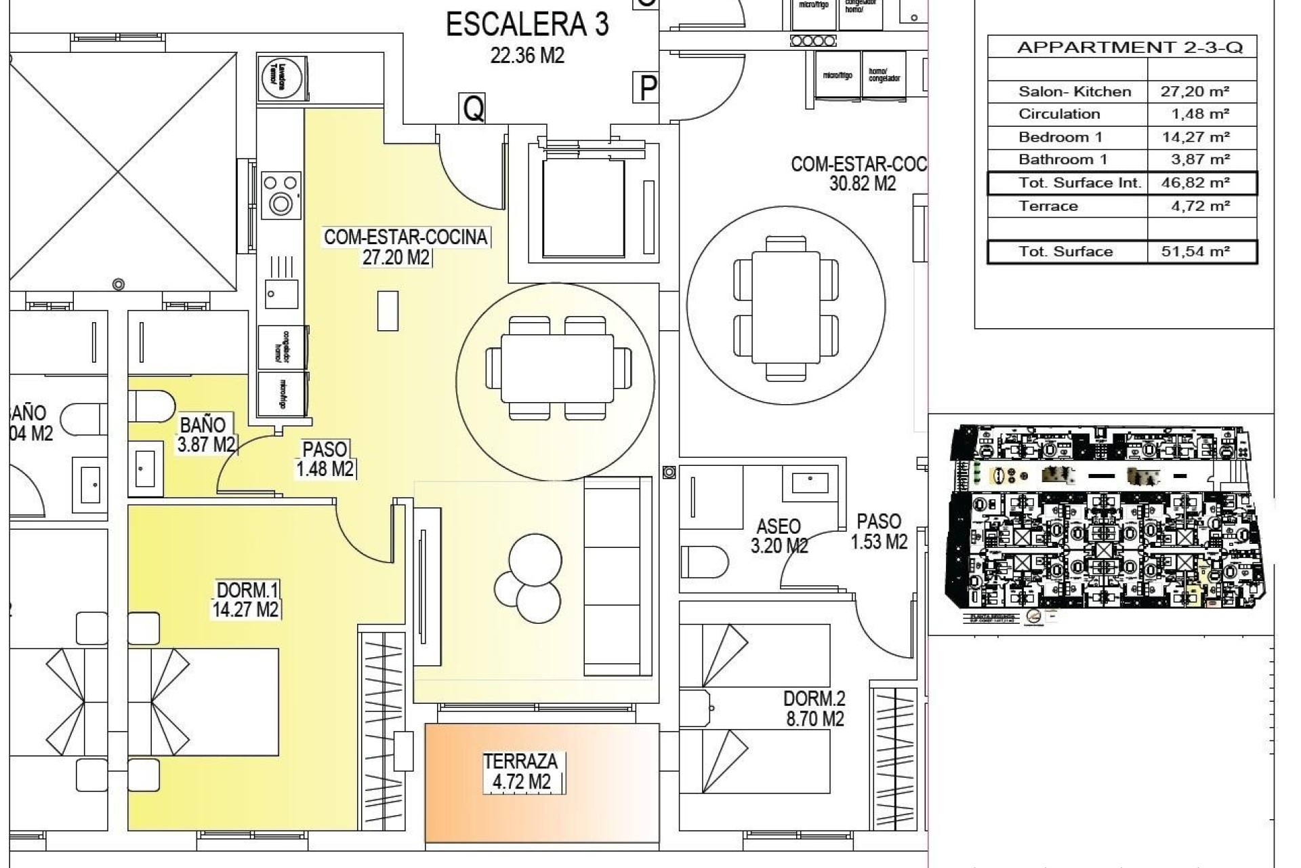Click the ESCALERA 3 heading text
pyautogui.click(x=527, y=24)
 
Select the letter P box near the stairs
pyautogui.click(x=648, y=87)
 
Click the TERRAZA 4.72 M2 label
pyautogui.click(x=520, y=772)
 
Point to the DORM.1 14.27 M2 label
pyautogui.click(x=247, y=599)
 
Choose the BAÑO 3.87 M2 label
pyautogui.click(x=206, y=435)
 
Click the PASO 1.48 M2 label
pyautogui.click(x=325, y=459)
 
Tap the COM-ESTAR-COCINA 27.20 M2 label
pyautogui.click(x=405, y=247)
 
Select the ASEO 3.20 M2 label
pyautogui.click(x=779, y=536)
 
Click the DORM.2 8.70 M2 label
pyautogui.click(x=814, y=709)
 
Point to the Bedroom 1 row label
pyautogui.click(x=1060, y=137)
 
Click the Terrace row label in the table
pyautogui.click(x=1048, y=206)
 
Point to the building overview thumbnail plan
pyautogui.click(x=1102, y=519)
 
